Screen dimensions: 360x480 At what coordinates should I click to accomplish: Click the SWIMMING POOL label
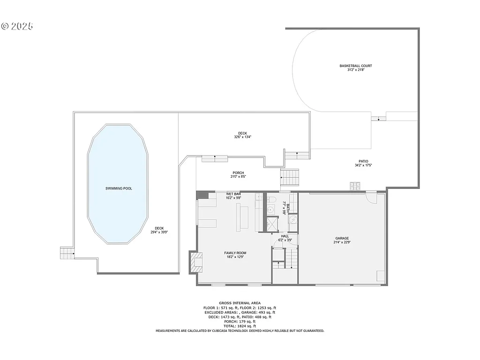[118, 188]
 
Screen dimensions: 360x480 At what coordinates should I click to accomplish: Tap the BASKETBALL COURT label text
[356, 66]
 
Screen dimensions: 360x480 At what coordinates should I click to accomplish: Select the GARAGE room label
[342, 238]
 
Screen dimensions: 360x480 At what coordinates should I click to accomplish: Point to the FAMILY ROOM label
[235, 253]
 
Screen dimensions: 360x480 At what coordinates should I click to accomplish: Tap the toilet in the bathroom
[271, 201]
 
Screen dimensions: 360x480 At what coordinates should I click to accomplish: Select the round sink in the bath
[292, 220]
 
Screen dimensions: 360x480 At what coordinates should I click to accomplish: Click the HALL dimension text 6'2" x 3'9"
[285, 240]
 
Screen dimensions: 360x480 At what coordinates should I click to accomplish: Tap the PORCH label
[238, 172]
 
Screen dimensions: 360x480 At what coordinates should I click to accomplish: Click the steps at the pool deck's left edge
[67, 253]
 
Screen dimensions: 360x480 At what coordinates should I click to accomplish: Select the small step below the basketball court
[378, 118]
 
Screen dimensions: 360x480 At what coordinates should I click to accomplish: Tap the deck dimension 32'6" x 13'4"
[242, 137]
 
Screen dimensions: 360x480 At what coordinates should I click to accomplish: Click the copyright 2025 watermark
[17, 26]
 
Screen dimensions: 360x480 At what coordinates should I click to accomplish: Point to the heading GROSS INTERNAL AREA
[240, 303]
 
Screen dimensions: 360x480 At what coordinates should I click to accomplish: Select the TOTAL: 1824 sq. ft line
[240, 326]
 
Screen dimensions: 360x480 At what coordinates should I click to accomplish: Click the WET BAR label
[233, 194]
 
